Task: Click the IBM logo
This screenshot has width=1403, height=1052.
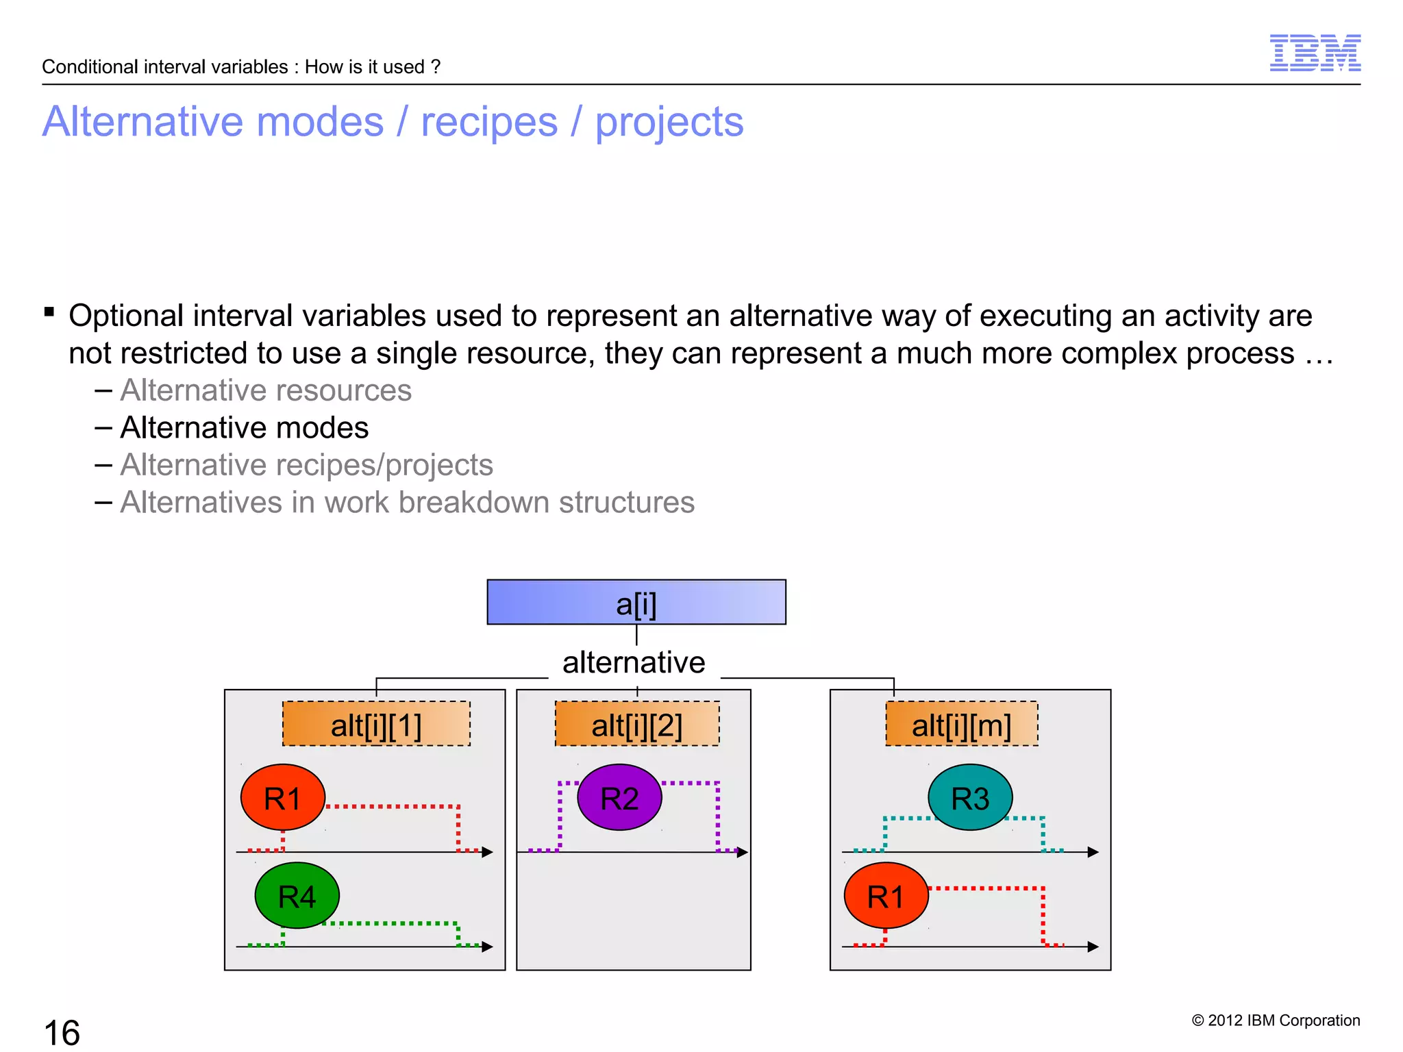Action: [1315, 53]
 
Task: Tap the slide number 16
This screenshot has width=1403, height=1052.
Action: [62, 1032]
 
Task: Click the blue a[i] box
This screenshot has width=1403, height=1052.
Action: [636, 602]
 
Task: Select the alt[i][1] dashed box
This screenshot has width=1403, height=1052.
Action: [376, 724]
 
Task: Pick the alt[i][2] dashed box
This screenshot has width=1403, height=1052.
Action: [637, 724]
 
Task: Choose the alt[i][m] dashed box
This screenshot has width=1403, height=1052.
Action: [961, 724]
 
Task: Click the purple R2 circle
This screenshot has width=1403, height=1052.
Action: [619, 797]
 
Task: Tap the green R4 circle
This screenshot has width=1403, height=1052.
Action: [297, 895]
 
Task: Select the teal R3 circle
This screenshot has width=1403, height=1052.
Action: [970, 797]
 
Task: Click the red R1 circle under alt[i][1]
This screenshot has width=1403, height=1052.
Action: [282, 797]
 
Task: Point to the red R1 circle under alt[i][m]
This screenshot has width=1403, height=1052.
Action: [886, 895]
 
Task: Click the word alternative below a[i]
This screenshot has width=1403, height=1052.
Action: [634, 662]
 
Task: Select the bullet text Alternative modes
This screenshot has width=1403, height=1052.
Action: [245, 427]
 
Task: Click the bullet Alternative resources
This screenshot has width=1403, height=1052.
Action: [266, 390]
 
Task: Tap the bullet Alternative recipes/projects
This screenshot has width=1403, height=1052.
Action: [306, 465]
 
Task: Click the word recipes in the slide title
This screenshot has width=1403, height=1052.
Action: [489, 122]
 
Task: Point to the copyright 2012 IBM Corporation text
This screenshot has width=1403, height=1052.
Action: [1276, 1020]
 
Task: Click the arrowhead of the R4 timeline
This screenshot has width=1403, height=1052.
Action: [487, 947]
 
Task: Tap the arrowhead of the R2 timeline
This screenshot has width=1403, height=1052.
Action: [742, 852]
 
